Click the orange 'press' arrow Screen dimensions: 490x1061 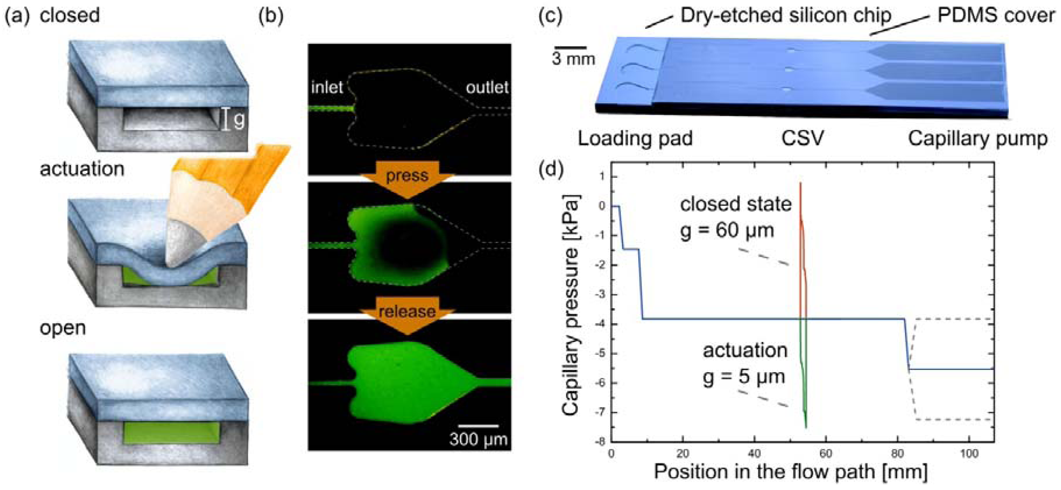pos(407,177)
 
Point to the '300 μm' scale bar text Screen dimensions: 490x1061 pos(478,439)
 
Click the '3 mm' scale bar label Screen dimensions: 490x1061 pos(573,59)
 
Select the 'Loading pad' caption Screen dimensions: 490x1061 pos(635,139)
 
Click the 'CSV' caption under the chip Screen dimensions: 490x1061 pos(802,139)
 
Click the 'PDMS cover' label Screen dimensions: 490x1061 pos(996,16)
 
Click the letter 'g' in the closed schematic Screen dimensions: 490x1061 pos(239,120)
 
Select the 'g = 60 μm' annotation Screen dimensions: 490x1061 pos(727,230)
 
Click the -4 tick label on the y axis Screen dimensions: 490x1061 pos(602,324)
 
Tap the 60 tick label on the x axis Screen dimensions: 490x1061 pos(825,454)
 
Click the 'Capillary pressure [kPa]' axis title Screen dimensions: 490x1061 pos(572,304)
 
